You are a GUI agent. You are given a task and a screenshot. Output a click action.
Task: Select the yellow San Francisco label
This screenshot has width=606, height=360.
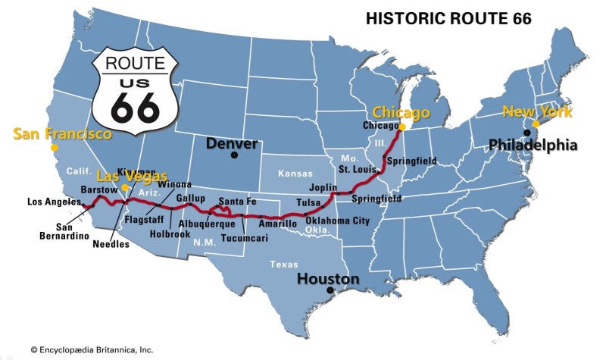tap(63, 134)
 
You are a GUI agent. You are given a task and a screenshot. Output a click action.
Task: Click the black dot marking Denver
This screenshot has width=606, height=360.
tap(235, 155)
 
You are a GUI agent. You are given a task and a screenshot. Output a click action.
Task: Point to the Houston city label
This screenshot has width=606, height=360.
tap(328, 279)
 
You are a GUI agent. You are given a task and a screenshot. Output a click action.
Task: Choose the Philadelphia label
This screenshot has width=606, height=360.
tap(533, 144)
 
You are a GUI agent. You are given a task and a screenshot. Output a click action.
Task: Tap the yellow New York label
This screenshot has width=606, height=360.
tap(538, 111)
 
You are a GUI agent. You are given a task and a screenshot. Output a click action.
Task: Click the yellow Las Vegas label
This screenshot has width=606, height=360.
tap(132, 177)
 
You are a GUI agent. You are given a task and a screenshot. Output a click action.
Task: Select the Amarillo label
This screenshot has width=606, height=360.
tap(278, 225)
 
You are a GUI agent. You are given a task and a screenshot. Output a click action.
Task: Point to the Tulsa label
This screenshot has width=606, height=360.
tap(308, 202)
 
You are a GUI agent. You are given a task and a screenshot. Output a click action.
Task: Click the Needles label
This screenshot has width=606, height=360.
tap(111, 244)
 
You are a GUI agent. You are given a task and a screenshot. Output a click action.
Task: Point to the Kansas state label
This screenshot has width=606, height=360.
tap(295, 174)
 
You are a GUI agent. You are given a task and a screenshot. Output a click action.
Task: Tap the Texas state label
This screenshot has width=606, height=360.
tap(284, 265)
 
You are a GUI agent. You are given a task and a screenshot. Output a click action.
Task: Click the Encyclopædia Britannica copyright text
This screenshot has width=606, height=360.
tap(92, 349)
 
